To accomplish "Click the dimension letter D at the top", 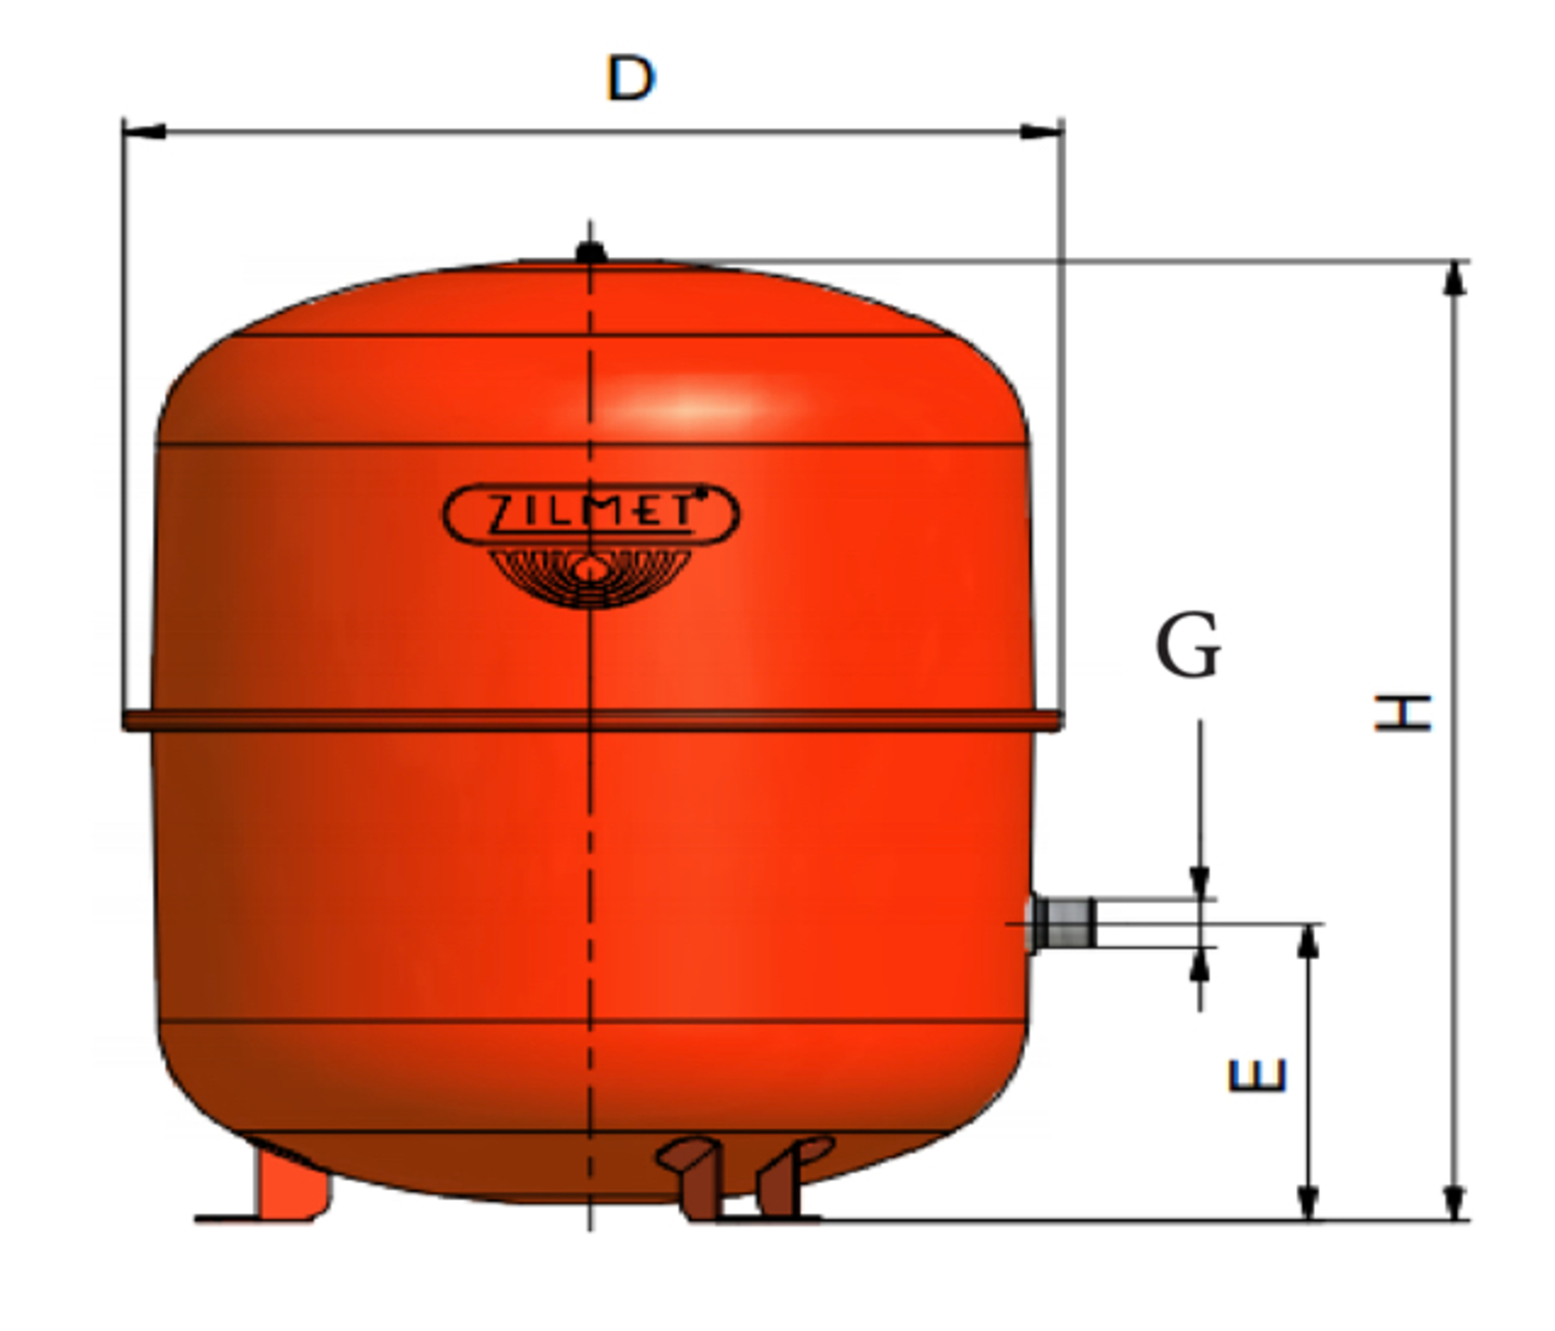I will (x=630, y=78).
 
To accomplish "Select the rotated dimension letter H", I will (x=1402, y=713).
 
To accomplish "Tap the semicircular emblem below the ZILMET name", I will (x=590, y=576).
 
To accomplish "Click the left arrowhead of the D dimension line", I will (x=144, y=132).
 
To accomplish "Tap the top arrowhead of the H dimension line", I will (x=1454, y=279).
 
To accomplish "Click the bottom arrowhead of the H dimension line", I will (x=1454, y=1202).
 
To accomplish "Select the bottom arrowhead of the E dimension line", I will (x=1308, y=1202).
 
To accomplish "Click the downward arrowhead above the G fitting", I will (x=1199, y=881).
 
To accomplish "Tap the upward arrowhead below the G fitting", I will (x=1199, y=966).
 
